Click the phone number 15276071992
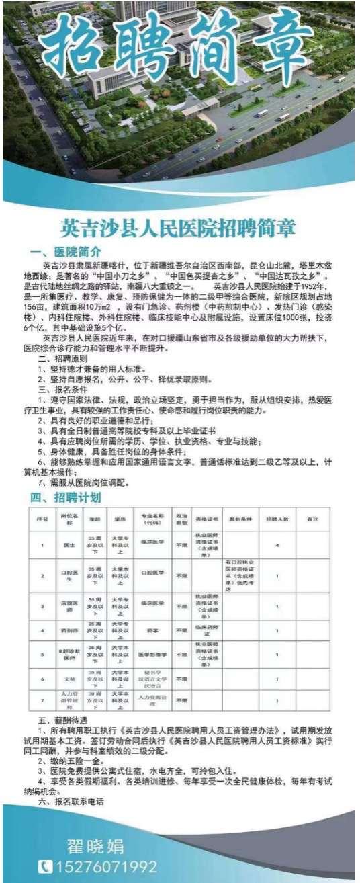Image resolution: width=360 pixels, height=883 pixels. click(x=106, y=866)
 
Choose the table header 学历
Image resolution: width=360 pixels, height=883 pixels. click(x=120, y=519)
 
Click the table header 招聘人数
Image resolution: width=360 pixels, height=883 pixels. click(x=277, y=519)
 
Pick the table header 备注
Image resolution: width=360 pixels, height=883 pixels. click(x=312, y=519)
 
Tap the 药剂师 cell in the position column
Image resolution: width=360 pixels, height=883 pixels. click(x=66, y=630)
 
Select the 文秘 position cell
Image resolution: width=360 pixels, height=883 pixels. click(x=66, y=679)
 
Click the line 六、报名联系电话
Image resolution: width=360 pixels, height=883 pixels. click(x=71, y=802)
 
